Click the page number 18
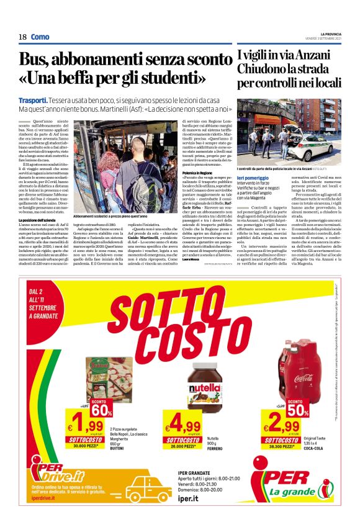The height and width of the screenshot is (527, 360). (23, 37)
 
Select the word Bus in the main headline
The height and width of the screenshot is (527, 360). (37, 60)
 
